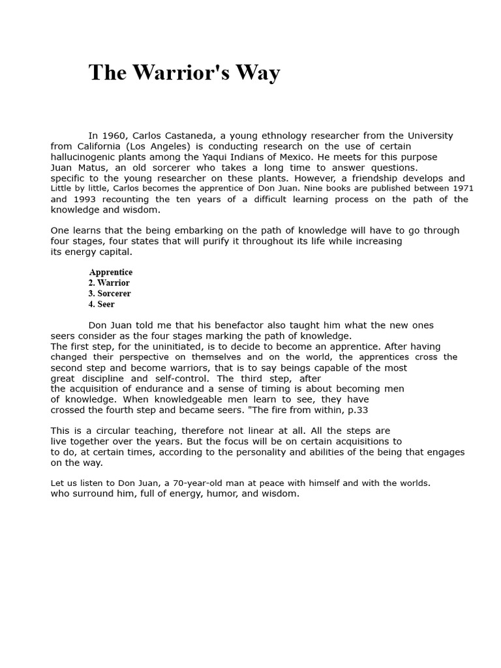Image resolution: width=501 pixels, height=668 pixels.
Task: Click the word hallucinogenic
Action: click(x=88, y=157)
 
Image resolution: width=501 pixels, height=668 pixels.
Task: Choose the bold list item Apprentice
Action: click(x=111, y=272)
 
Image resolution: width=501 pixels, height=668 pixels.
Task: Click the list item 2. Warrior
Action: click(x=109, y=283)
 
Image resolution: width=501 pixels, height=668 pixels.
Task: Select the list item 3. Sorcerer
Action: click(x=110, y=294)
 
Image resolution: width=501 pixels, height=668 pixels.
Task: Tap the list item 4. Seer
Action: click(x=101, y=304)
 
